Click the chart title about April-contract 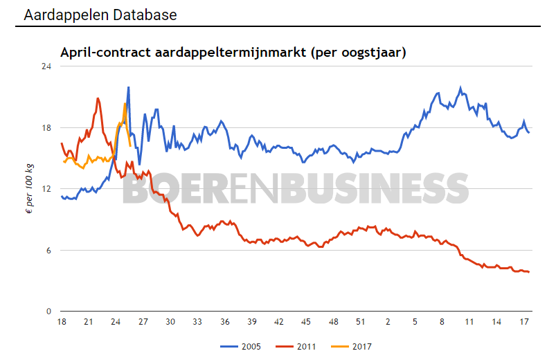tap(233, 52)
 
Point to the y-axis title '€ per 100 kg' tap(29, 188)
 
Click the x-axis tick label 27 tap(143, 322)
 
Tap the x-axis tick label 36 tap(224, 322)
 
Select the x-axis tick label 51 tap(360, 322)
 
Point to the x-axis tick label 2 tap(388, 322)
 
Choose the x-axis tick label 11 tap(469, 322)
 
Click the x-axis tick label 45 tap(305, 322)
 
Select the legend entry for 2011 tap(302, 345)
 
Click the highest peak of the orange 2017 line tap(125, 104)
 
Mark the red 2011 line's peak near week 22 tap(98, 98)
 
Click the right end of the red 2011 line tap(529, 272)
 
